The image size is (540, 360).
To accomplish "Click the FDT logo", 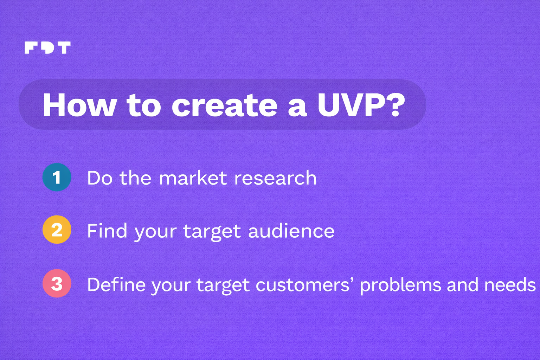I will tap(47, 47).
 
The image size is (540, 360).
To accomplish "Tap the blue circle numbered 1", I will tap(57, 177).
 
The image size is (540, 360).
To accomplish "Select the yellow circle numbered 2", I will tap(57, 230).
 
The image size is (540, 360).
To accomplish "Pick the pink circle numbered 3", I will tap(57, 283).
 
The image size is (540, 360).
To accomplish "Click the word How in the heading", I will tap(79, 105).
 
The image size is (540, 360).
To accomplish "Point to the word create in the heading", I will tap(225, 105).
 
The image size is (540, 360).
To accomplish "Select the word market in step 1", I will tap(193, 178).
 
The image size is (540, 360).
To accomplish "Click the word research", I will tap(275, 178).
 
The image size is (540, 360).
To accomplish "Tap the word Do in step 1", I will tap(100, 178).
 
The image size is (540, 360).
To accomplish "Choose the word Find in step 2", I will tap(107, 231).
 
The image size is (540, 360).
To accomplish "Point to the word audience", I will tap(291, 231).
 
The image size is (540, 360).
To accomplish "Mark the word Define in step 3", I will tap(116, 284).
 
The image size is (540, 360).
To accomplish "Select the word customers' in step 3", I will tap(303, 284).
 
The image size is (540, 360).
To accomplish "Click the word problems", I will tap(400, 285).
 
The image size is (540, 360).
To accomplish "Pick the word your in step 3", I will tap(171, 286).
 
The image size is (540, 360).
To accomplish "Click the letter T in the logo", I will tap(64, 47).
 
